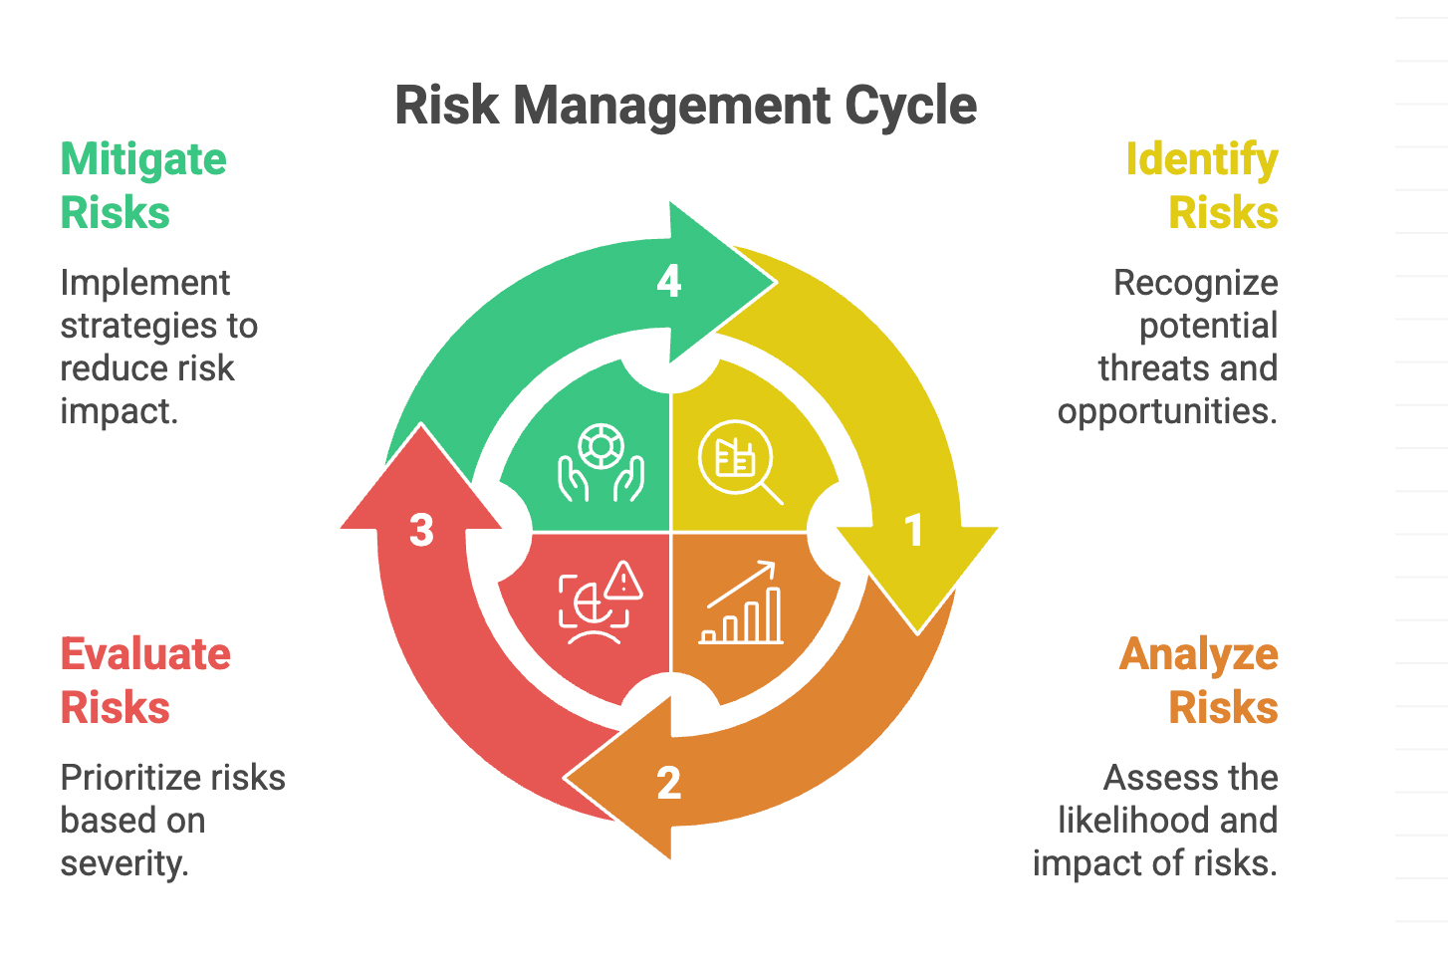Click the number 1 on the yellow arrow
[913, 531]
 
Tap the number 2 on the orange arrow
[669, 784]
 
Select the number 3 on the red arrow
[421, 531]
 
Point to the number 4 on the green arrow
[669, 282]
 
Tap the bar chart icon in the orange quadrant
[742, 604]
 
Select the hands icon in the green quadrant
[601, 463]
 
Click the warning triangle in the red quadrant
[623, 581]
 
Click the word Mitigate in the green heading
[143, 159]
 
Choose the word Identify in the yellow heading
[1201, 159]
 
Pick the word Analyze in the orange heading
[1198, 654]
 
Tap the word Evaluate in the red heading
[145, 654]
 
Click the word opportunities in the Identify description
[1166, 410]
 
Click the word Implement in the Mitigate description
[145, 283]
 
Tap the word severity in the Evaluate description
[123, 862]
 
